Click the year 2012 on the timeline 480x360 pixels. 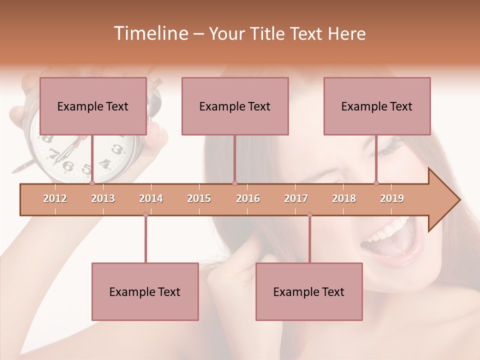click(55, 198)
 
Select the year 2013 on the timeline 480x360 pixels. click(103, 198)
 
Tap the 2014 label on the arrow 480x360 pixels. click(151, 198)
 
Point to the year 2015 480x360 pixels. click(199, 198)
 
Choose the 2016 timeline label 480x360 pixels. click(248, 198)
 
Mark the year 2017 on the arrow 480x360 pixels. click(296, 198)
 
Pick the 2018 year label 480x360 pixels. click(344, 198)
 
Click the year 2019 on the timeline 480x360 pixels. click(392, 198)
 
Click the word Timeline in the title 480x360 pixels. click(150, 33)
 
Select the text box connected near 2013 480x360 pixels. click(93, 106)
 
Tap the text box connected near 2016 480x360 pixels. click(235, 106)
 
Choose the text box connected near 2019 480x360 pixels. click(377, 106)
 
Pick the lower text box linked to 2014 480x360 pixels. click(145, 291)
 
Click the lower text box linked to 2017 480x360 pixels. click(309, 291)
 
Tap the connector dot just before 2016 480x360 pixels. click(234, 183)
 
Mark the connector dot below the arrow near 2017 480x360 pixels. click(309, 215)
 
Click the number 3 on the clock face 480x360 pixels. click(116, 148)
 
